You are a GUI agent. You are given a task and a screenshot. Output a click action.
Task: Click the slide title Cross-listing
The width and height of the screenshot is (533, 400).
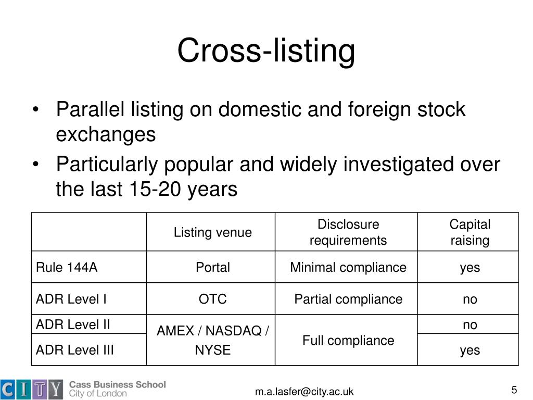(266, 52)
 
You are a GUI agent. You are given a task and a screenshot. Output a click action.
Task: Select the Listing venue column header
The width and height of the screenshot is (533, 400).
(212, 232)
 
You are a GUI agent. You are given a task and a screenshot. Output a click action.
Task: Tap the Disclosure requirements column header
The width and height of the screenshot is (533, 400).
(348, 232)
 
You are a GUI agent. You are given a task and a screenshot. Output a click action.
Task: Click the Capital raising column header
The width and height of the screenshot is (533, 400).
(469, 232)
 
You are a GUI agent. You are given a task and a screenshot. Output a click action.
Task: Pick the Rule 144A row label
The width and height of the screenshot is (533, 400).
(67, 268)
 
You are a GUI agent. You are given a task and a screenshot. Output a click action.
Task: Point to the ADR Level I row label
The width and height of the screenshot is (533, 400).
(71, 299)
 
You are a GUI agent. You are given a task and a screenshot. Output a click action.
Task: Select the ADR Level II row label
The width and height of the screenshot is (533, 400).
(73, 324)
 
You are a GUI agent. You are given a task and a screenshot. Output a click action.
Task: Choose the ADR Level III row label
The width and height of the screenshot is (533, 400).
(75, 350)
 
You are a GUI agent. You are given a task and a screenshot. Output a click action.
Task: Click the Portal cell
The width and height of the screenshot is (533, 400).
(212, 268)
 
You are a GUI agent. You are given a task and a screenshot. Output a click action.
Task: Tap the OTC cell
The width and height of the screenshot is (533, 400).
(212, 299)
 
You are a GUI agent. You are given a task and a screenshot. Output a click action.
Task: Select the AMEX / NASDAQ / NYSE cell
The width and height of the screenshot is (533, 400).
(212, 340)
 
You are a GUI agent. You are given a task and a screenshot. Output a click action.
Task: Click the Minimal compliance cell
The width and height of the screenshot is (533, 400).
(348, 268)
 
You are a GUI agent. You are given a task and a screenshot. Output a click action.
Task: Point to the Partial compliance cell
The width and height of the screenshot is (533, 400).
(348, 299)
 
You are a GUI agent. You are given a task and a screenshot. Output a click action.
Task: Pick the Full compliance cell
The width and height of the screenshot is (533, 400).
(348, 341)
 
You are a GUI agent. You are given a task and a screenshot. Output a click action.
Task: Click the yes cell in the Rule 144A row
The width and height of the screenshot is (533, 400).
(469, 268)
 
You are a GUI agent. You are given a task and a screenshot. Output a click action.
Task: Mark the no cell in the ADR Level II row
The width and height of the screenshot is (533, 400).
(469, 325)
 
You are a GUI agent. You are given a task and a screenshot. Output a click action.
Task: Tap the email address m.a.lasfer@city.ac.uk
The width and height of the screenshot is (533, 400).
(304, 392)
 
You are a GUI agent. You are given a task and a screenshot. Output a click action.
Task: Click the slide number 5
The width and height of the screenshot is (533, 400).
(514, 390)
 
